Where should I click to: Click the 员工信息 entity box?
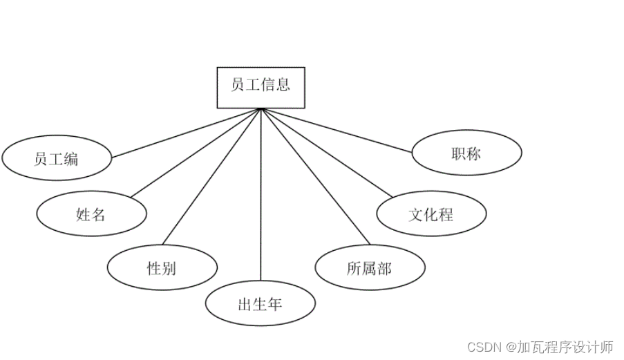click(261, 87)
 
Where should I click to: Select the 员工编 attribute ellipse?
click(57, 159)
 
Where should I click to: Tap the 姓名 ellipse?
click(91, 214)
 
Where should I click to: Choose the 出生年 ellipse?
click(261, 304)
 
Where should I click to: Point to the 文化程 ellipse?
click(431, 214)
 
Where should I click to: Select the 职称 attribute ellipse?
click(466, 153)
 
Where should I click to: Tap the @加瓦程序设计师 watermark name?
click(559, 346)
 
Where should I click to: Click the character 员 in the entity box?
click(238, 85)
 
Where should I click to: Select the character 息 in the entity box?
click(283, 85)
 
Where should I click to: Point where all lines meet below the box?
click(261, 109)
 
